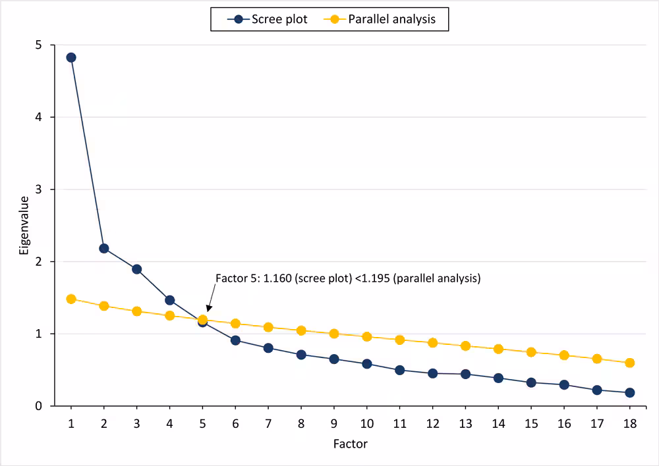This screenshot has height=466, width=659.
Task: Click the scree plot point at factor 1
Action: click(x=71, y=57)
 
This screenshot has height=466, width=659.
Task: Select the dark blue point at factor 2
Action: click(x=104, y=248)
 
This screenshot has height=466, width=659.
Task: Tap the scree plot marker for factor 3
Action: click(x=136, y=269)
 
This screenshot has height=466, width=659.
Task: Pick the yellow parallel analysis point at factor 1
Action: click(x=71, y=299)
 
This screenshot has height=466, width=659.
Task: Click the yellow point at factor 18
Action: click(x=629, y=363)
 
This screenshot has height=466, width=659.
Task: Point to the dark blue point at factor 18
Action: click(x=629, y=392)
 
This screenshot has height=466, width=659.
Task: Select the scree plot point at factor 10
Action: click(x=367, y=363)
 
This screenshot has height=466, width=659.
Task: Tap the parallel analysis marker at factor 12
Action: click(x=432, y=342)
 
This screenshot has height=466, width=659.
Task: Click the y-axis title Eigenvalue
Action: click(x=24, y=225)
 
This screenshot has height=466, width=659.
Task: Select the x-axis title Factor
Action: click(x=351, y=444)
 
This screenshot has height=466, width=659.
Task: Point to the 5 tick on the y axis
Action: click(x=38, y=45)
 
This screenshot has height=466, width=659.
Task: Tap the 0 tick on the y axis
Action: click(x=38, y=406)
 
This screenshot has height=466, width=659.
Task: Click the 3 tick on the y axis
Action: click(x=38, y=190)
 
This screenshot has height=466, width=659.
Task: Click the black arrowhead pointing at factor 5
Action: click(x=208, y=307)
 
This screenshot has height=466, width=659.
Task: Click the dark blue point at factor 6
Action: click(x=235, y=340)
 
